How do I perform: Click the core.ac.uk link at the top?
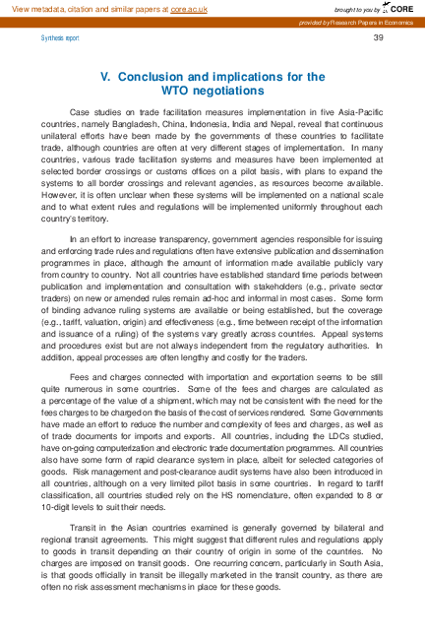click(189, 8)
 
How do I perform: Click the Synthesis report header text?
click(58, 38)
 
